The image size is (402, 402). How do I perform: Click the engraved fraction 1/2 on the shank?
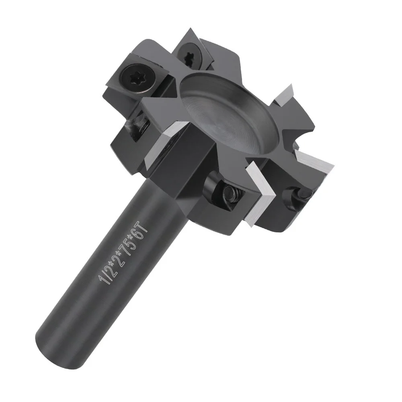pyautogui.click(x=105, y=277)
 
